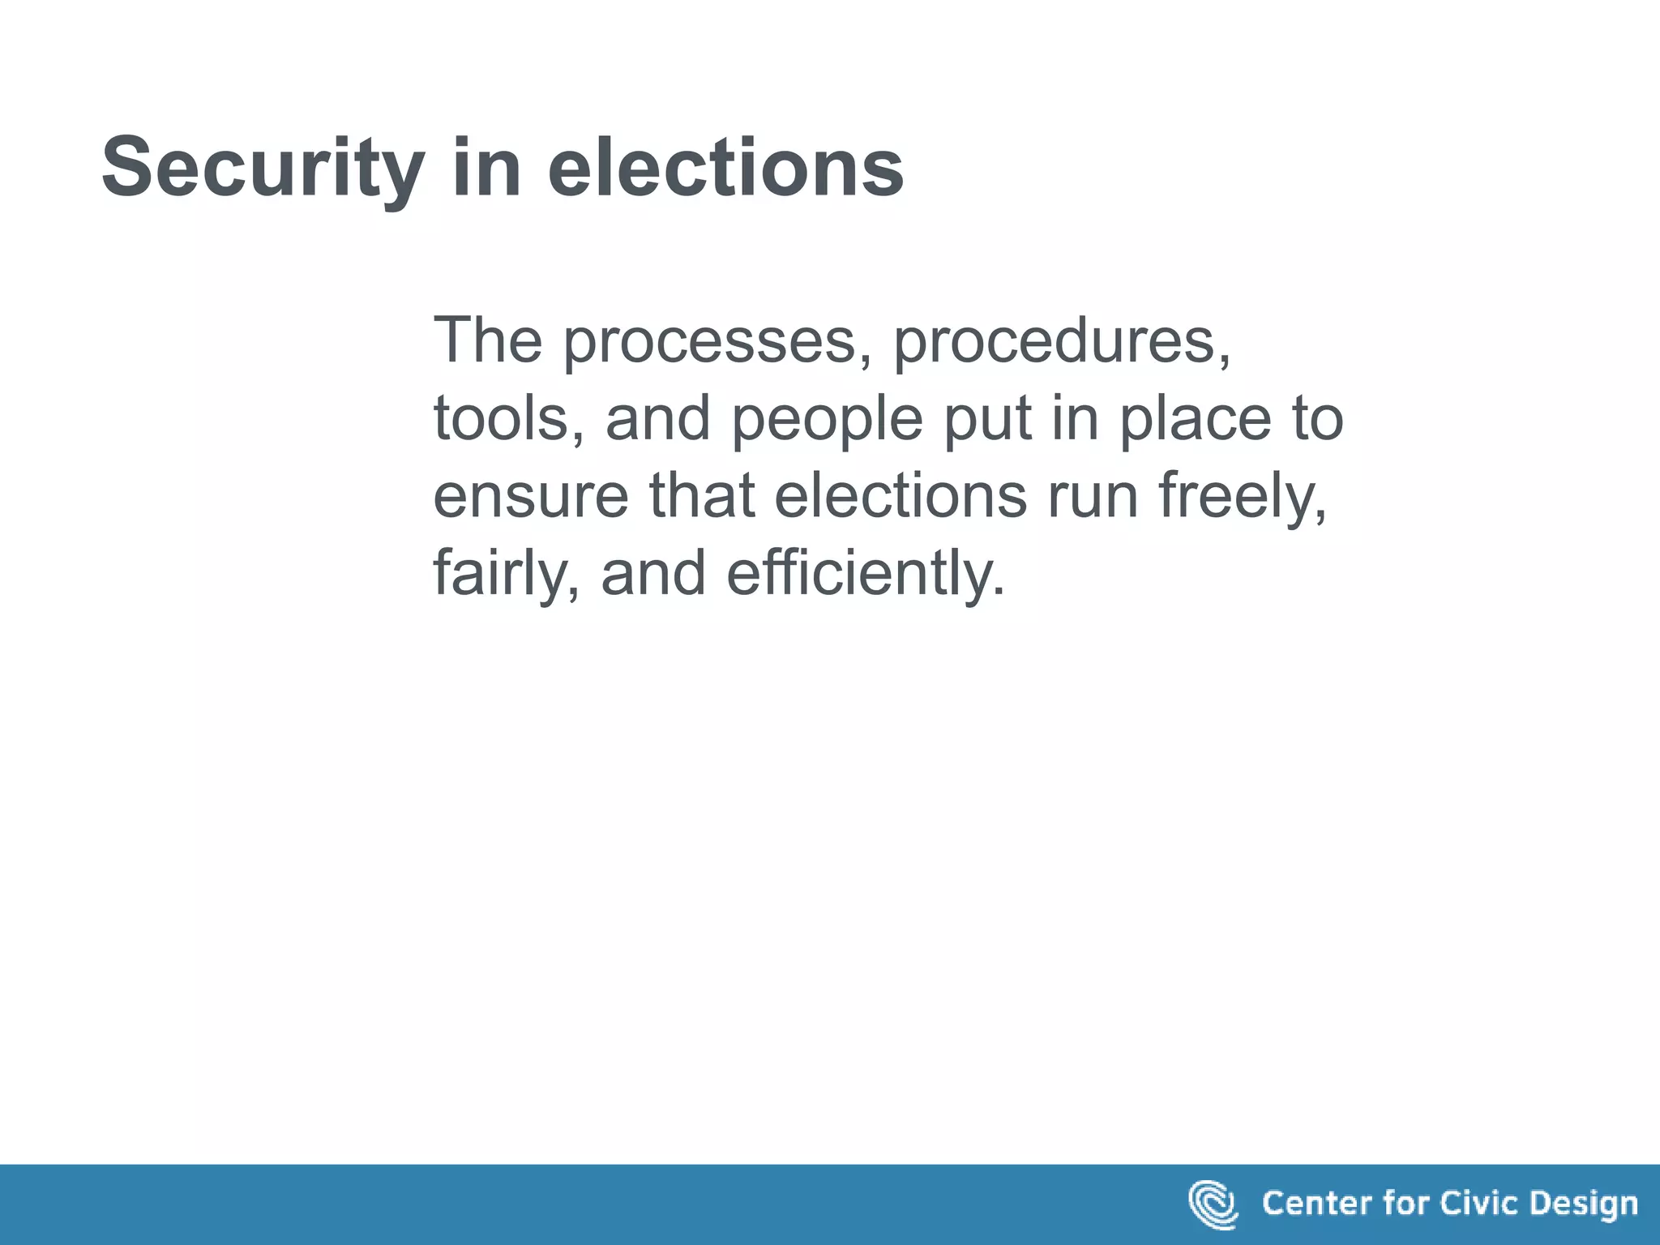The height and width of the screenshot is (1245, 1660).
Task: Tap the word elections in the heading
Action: (725, 169)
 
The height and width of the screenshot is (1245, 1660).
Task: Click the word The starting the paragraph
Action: (487, 340)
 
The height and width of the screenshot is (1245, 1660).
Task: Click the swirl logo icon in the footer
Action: (1213, 1204)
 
